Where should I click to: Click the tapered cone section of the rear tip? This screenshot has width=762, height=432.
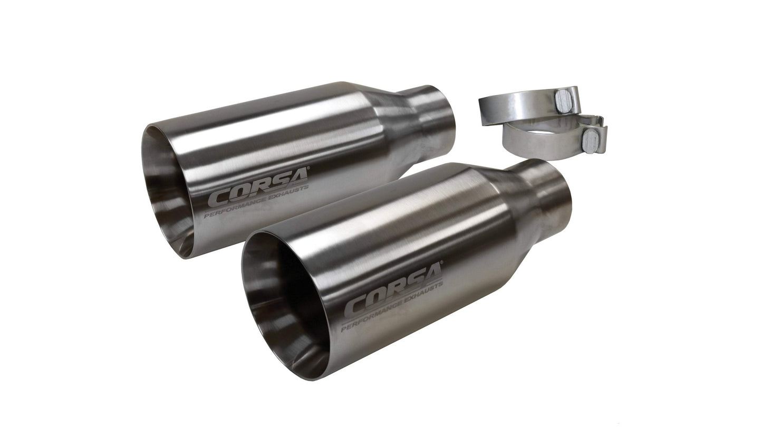(x=396, y=127)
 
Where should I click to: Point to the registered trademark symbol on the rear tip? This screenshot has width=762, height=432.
(x=308, y=170)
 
